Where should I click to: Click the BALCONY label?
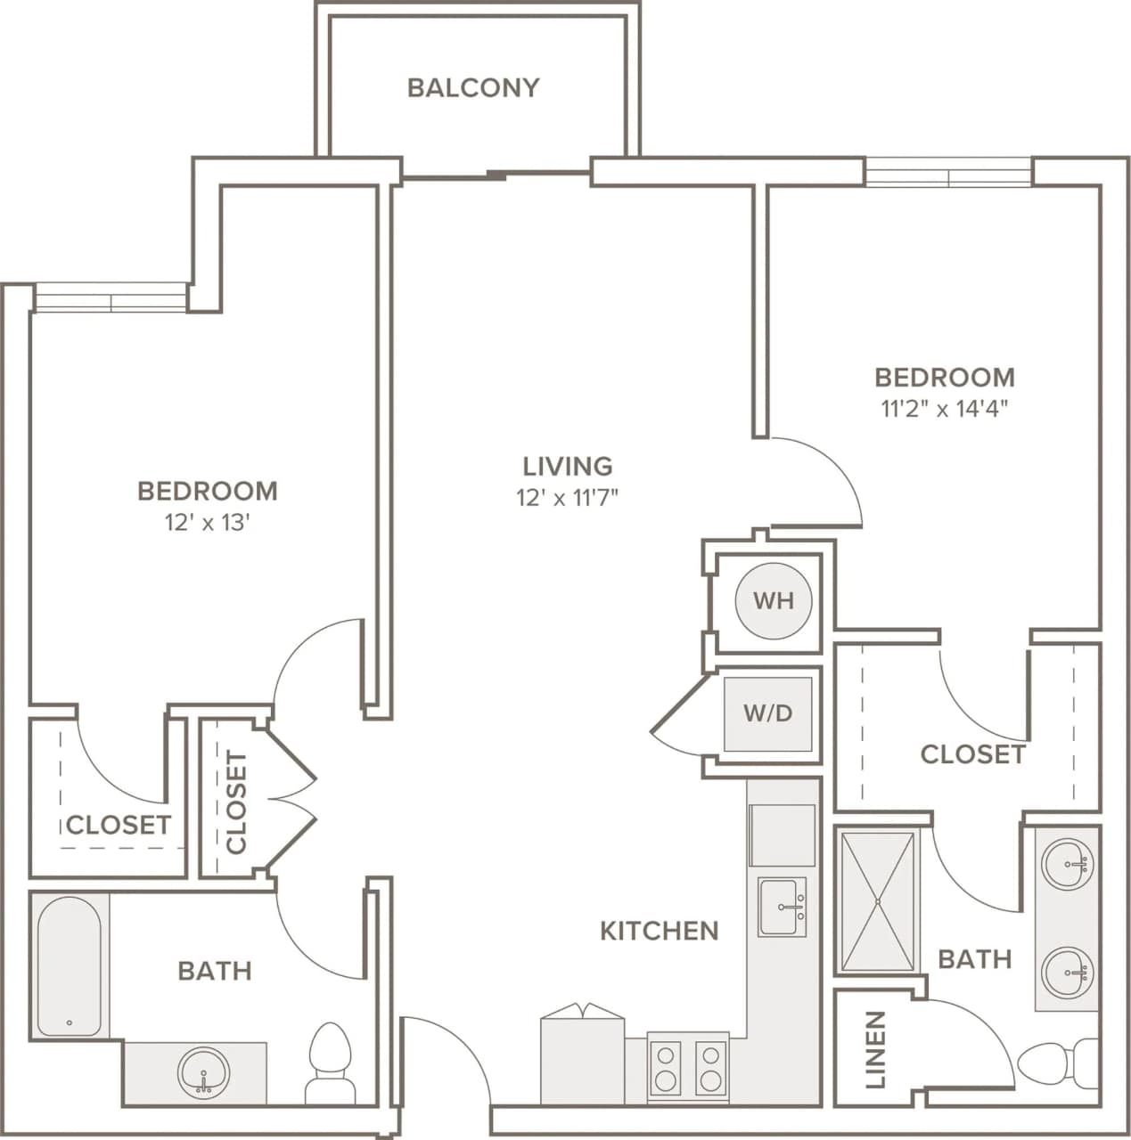click(x=473, y=87)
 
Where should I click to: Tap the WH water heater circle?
click(x=773, y=600)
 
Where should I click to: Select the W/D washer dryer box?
click(x=767, y=713)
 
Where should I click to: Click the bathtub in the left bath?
click(x=69, y=966)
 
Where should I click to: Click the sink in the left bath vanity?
click(x=203, y=1074)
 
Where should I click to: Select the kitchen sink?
click(x=782, y=907)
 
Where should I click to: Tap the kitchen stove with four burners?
click(x=687, y=1069)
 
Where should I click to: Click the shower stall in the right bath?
click(x=878, y=901)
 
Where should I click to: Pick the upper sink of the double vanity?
click(x=1068, y=863)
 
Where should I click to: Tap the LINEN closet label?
click(x=876, y=1049)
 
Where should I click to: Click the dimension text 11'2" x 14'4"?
click(x=945, y=409)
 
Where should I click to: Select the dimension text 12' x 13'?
click(x=207, y=522)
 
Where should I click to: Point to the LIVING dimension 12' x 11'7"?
click(x=567, y=497)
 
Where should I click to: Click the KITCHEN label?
click(x=659, y=931)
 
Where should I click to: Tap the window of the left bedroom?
click(x=111, y=299)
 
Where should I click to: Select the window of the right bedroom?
click(x=948, y=173)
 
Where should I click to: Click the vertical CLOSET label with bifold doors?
click(x=236, y=802)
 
